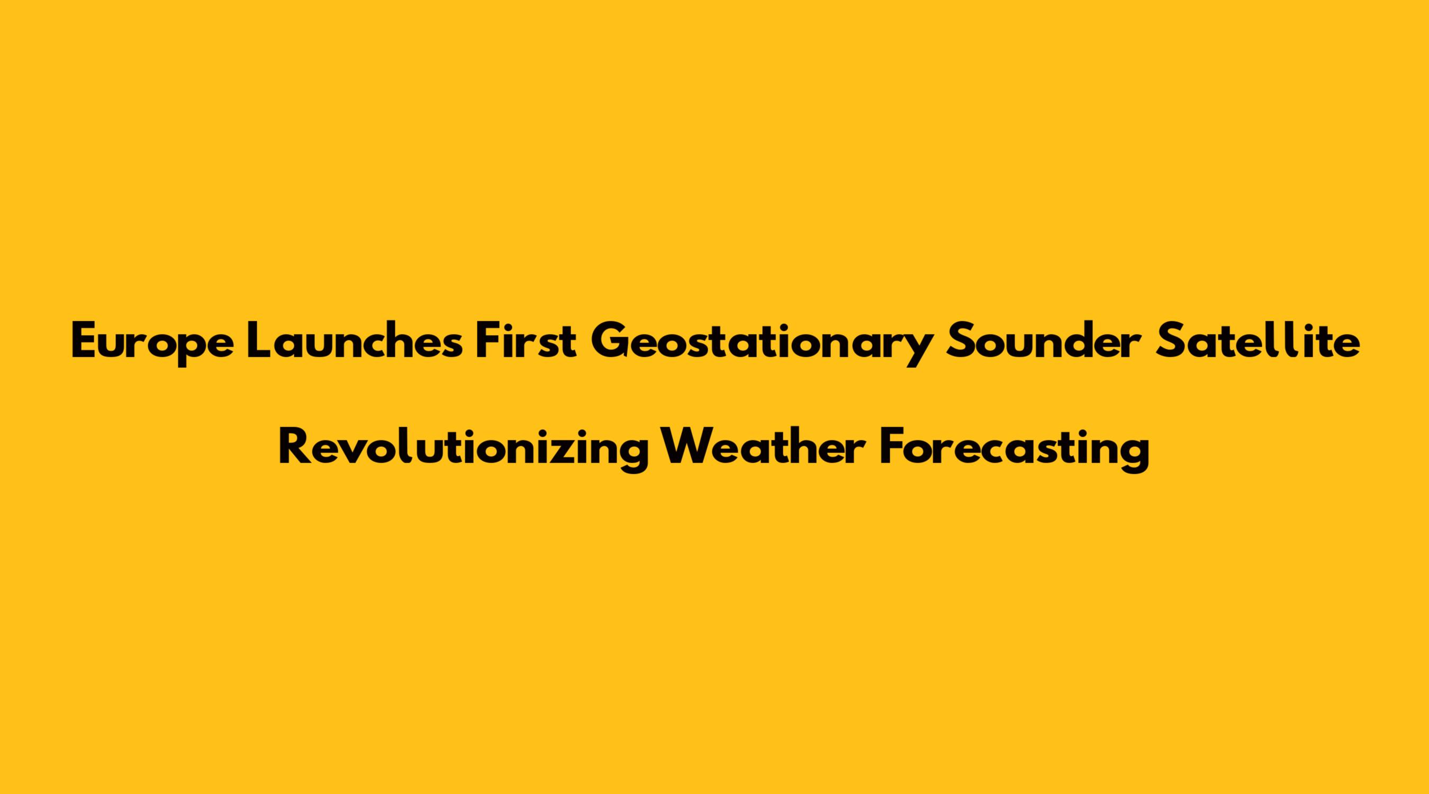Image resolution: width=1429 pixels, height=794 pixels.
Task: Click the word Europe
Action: [152, 344]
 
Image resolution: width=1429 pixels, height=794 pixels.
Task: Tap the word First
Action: [527, 340]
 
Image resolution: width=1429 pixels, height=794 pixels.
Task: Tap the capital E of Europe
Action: [84, 341]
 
